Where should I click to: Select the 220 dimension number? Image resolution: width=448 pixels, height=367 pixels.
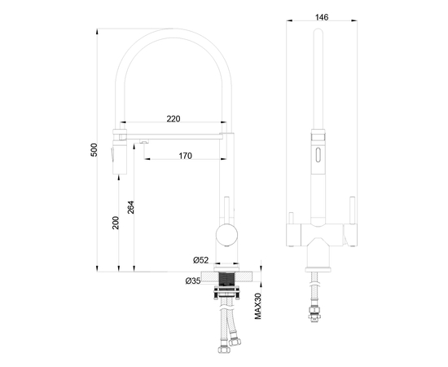coord(173,119)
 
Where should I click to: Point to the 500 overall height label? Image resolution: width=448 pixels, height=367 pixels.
coord(94,151)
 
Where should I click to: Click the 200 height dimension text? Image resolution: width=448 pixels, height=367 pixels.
coord(116,222)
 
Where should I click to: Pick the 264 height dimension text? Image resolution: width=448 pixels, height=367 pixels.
coord(130,207)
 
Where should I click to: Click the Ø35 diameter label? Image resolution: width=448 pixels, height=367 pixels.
coord(193,281)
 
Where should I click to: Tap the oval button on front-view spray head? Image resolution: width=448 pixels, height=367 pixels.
coord(317,154)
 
